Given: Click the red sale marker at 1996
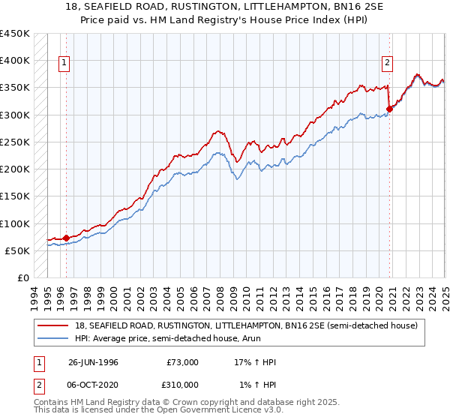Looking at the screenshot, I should pos(66,238).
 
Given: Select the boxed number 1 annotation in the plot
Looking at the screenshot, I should pos(65,63).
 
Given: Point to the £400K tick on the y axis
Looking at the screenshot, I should pos(15,61).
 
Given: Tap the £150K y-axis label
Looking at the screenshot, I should pos(15,196).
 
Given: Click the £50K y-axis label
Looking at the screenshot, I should pos(18,250).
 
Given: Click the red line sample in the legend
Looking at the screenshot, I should pos(55,325).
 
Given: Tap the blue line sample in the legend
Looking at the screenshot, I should pos(55,339).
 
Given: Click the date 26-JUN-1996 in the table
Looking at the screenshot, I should pos(93,362).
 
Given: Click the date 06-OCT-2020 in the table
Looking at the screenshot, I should pos(93,384).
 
